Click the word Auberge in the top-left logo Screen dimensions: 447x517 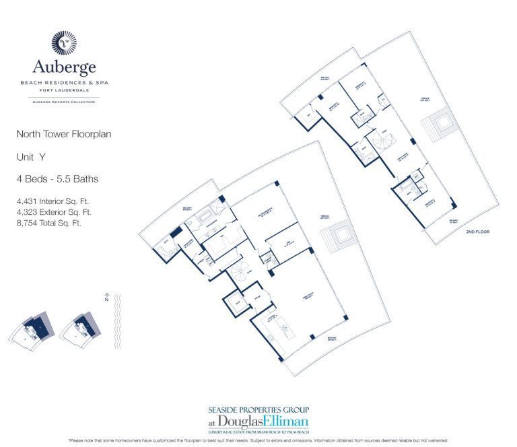click(64, 67)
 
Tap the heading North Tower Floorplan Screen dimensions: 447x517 click(63, 134)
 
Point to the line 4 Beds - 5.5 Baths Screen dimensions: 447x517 click(57, 179)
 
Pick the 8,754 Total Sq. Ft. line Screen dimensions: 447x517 click(48, 223)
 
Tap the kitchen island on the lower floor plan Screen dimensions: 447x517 click(287, 329)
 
